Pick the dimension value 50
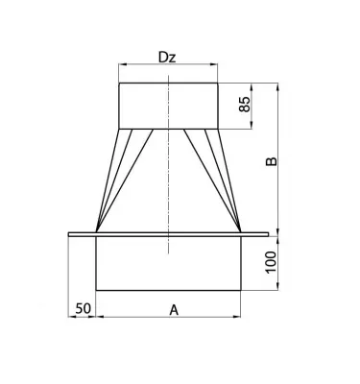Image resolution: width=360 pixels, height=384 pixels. [83, 308]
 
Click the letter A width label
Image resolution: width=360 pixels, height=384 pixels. [173, 309]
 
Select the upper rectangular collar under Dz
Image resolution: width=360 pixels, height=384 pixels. [168, 105]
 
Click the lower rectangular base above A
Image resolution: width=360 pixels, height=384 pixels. [168, 261]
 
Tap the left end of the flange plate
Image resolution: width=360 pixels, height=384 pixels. [70, 232]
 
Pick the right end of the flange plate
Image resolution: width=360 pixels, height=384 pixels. [266, 232]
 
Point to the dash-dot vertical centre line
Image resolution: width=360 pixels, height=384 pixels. [168, 173]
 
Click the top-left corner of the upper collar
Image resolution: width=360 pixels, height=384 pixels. [119, 84]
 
